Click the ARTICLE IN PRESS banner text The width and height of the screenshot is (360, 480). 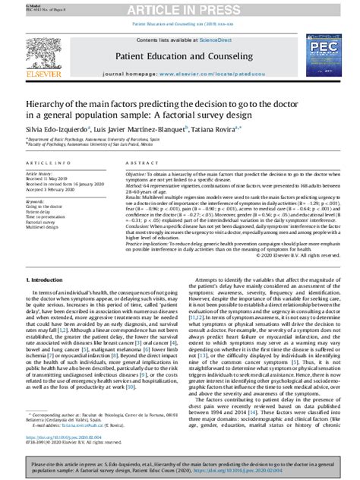pyautogui.click(x=180, y=8)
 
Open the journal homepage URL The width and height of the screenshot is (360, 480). pyautogui.click(x=220, y=74)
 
